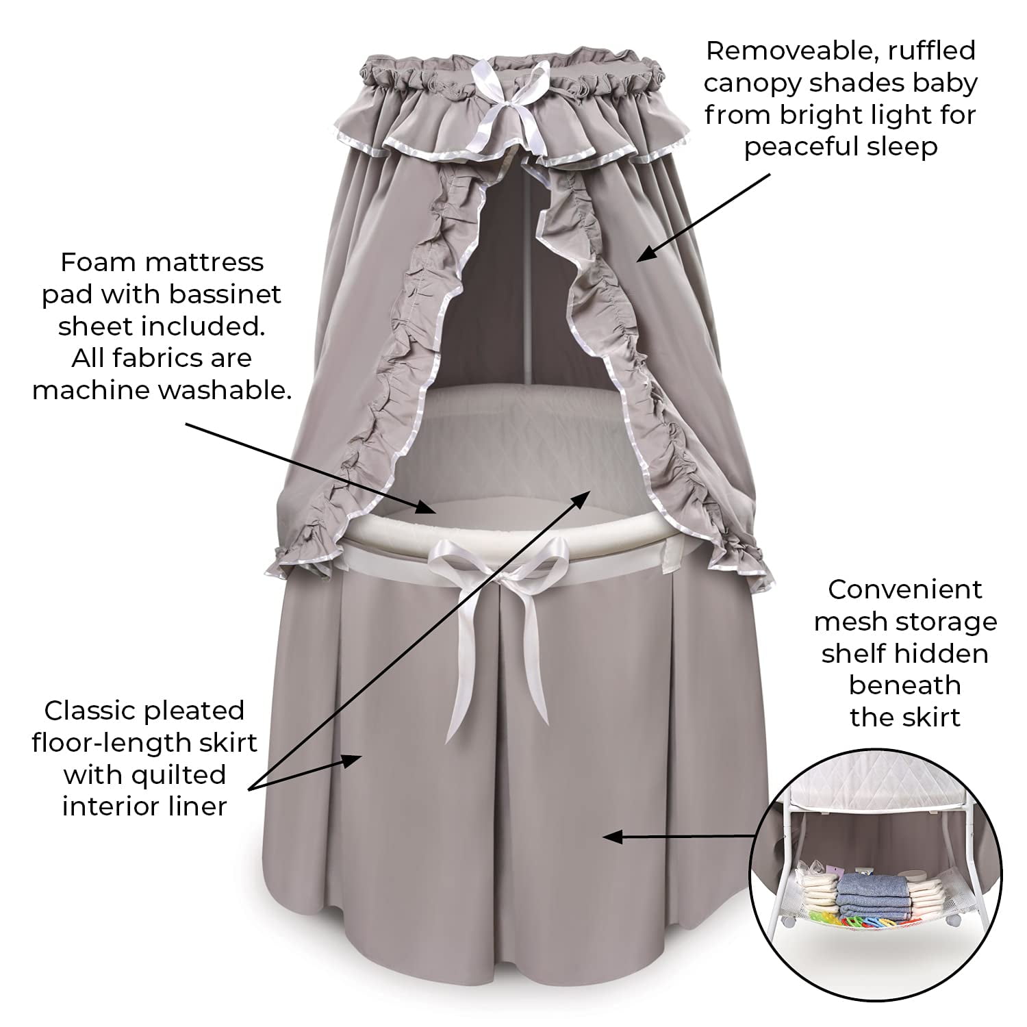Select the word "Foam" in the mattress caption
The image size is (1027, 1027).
[95, 262]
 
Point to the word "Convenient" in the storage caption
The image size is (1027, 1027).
[904, 589]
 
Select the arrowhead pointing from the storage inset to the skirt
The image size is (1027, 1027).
[613, 837]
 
